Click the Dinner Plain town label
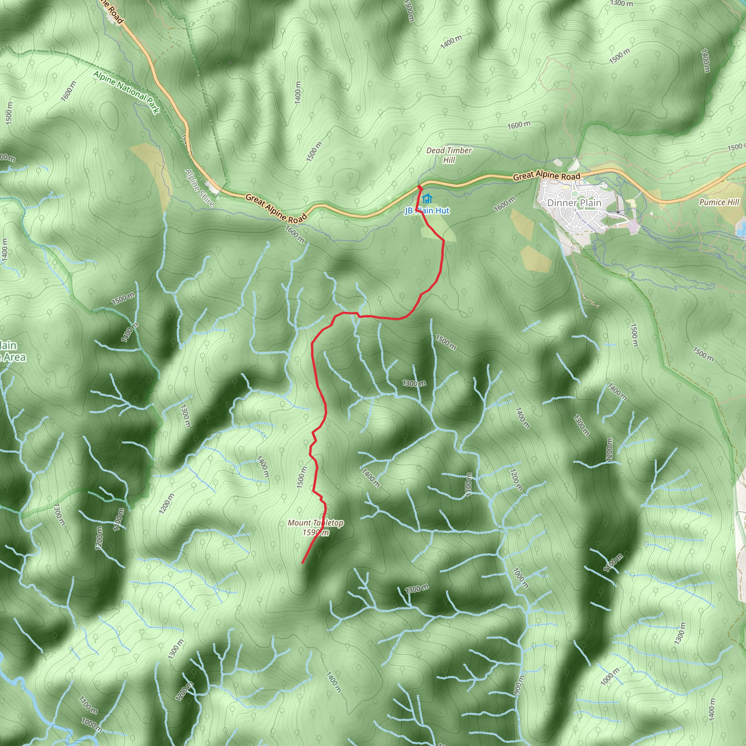[x=574, y=203]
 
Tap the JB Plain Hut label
[x=427, y=211]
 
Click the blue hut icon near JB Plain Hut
[x=427, y=199]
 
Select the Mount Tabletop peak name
[x=315, y=523]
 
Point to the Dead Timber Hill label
[x=449, y=155]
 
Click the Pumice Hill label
[x=719, y=202]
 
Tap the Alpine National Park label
[x=126, y=92]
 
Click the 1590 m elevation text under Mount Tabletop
[x=315, y=533]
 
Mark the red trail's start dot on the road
[x=419, y=187]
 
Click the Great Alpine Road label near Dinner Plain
[x=546, y=176]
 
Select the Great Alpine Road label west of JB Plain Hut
[x=276, y=209]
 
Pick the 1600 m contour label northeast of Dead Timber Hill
[x=519, y=125]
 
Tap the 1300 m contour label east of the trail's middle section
[x=414, y=383]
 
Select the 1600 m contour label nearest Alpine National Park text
[x=68, y=91]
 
